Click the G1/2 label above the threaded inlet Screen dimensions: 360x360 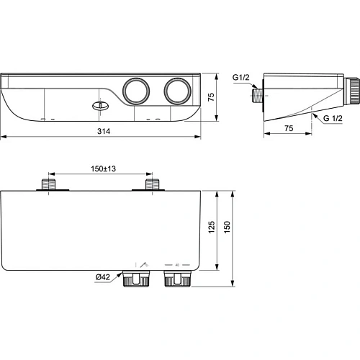pos(242,78)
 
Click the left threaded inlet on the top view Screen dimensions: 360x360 pos(49,186)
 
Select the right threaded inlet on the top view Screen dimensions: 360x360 pos(152,186)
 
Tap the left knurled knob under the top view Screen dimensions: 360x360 pos(135,277)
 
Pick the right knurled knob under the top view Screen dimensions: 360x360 pos(176,277)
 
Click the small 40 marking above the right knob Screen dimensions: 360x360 pos(176,264)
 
